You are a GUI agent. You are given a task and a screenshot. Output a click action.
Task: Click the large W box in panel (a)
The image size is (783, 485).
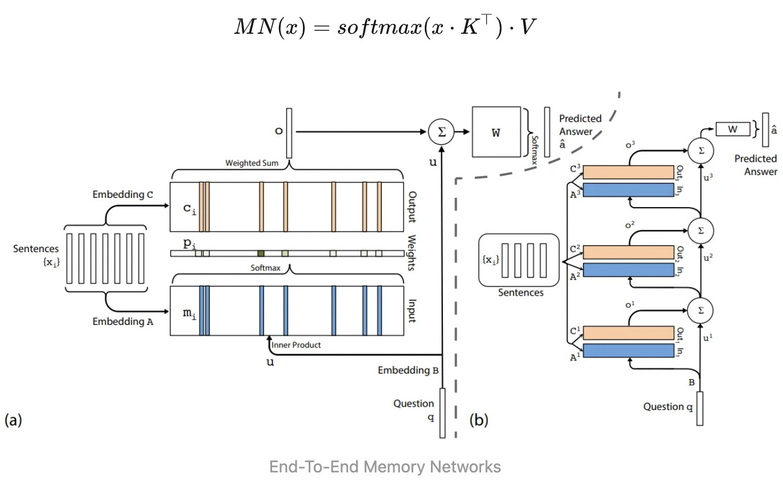[496, 132]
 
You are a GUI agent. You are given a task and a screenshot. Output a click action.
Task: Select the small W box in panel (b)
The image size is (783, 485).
[733, 129]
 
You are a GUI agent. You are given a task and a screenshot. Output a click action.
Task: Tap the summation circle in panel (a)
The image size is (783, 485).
[441, 132]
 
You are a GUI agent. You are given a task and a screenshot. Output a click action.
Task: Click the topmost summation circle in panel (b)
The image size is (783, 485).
[701, 151]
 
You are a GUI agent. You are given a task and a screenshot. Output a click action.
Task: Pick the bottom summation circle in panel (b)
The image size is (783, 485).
[700, 311]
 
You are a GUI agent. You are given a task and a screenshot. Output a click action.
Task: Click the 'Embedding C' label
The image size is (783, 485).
[123, 194]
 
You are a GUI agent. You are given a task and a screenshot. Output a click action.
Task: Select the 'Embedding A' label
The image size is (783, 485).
[123, 321]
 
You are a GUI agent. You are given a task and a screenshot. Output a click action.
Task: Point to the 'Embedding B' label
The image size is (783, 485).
[408, 370]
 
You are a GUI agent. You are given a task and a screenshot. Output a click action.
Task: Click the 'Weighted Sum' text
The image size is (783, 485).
[251, 163]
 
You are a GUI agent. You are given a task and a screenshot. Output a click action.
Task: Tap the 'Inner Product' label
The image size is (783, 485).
[296, 345]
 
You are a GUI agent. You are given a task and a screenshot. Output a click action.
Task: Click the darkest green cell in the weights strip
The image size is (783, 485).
[261, 253]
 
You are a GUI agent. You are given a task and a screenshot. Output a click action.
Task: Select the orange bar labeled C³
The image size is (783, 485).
[629, 172]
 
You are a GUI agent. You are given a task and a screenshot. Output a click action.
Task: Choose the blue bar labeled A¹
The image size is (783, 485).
[629, 351]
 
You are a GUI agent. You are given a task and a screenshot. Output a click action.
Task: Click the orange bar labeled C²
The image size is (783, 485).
[629, 252]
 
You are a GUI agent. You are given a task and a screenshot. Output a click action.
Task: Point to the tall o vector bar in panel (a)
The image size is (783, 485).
[289, 133]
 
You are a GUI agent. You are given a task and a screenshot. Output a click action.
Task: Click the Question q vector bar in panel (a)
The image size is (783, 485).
[442, 412]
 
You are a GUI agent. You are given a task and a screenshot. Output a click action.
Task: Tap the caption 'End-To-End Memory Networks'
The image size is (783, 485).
[385, 467]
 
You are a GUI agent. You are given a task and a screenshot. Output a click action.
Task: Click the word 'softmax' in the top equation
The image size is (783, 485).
[379, 27]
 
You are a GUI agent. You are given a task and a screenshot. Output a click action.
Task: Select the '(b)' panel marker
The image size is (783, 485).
[478, 420]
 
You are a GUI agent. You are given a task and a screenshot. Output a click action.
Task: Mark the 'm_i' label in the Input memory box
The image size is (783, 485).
[189, 313]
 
